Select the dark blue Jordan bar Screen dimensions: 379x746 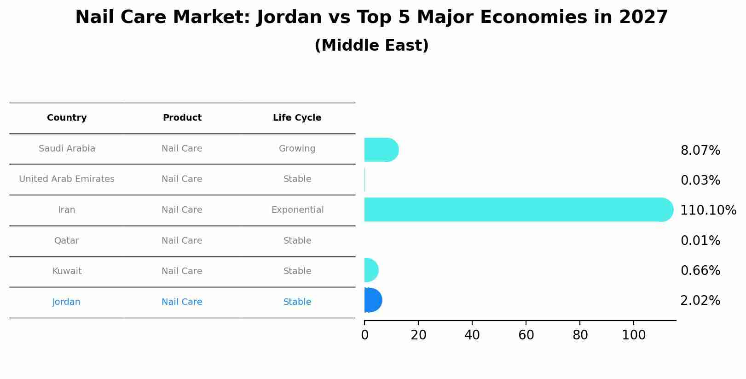coord(372,300)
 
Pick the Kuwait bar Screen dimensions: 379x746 coord(370,270)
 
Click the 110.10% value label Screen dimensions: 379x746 coord(708,210)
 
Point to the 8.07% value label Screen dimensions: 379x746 coord(700,151)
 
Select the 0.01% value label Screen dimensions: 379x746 coord(700,241)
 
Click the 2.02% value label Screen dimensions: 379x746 coord(700,301)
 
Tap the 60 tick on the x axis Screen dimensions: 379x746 coord(526,335)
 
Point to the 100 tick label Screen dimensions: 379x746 coord(634,335)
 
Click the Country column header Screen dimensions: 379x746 coord(67,118)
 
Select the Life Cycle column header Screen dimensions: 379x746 coord(297,118)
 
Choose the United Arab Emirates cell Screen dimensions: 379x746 coord(67,179)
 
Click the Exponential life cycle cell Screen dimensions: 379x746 coord(297,210)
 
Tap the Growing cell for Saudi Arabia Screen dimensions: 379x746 coord(297,149)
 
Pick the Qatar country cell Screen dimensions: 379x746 coord(67,241)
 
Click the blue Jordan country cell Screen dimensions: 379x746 coord(66,302)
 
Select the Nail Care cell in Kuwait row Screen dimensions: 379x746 coord(182,271)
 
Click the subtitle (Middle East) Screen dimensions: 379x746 coord(371,46)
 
